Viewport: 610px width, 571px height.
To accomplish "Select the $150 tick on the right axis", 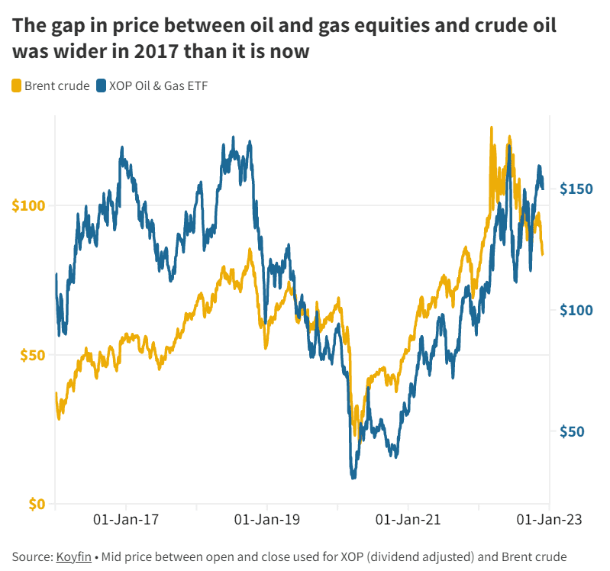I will tap(576, 188).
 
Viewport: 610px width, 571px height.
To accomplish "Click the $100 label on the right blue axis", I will tap(576, 309).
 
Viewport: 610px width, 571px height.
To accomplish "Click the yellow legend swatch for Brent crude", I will tap(17, 85).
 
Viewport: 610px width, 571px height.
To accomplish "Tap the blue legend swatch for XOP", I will tap(102, 85).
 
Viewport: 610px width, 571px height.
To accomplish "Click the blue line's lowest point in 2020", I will tap(353, 477).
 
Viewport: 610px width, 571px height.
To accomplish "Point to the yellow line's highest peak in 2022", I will tap(492, 128).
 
